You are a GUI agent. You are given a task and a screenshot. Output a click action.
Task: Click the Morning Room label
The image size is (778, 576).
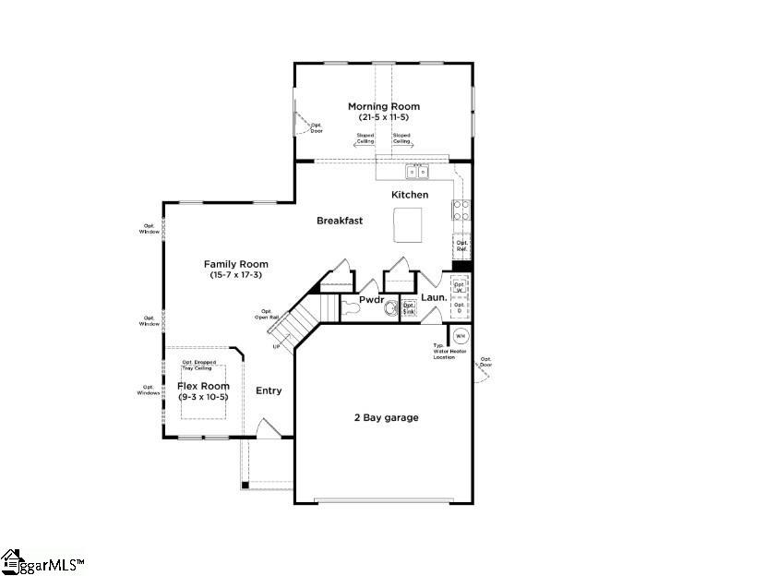click(384, 106)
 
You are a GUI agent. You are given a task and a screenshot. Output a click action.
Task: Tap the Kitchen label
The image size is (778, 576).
click(410, 195)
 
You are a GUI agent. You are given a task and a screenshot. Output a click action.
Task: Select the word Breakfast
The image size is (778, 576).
click(340, 221)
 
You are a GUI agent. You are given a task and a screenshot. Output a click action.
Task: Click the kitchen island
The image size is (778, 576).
click(407, 223)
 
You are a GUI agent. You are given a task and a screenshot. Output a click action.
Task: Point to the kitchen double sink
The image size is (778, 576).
click(417, 172)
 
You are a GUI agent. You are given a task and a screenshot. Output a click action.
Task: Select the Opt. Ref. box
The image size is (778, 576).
click(461, 246)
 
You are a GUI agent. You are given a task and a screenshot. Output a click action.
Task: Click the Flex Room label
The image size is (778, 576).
click(202, 386)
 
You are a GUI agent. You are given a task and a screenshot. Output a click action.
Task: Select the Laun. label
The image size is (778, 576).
click(434, 298)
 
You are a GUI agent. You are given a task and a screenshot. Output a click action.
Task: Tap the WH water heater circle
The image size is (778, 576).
click(461, 335)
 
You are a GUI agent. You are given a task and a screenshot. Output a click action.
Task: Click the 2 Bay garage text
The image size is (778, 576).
click(387, 417)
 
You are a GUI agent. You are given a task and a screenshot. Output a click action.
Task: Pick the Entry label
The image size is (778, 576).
click(269, 390)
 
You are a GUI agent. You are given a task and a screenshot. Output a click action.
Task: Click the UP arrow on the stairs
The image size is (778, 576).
click(276, 346)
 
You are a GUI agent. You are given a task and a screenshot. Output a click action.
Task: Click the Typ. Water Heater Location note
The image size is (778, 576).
click(447, 352)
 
